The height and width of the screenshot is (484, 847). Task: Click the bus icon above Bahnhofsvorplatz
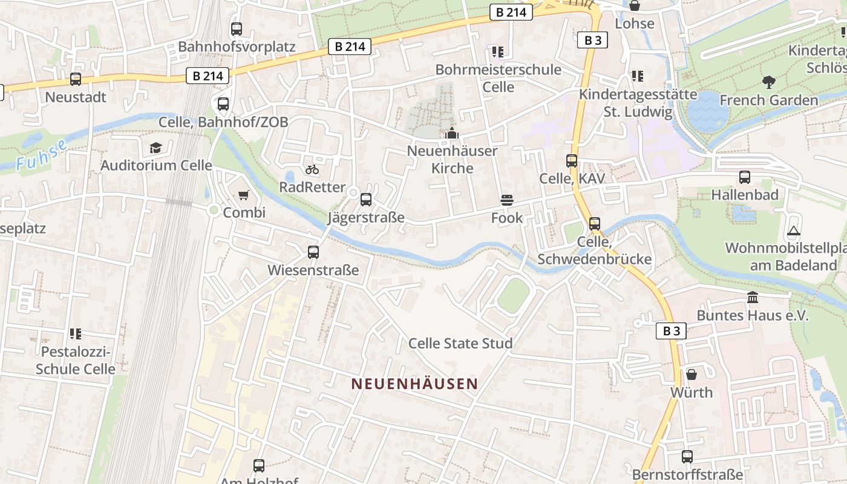[237, 28]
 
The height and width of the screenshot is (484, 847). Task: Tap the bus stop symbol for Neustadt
[76, 79]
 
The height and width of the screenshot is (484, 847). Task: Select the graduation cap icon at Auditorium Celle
[156, 148]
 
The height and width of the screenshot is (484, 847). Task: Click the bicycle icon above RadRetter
[312, 170]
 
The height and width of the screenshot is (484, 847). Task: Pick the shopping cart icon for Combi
[244, 195]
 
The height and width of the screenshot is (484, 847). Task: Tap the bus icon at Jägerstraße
[366, 200]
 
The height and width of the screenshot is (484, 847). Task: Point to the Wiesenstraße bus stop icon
[313, 252]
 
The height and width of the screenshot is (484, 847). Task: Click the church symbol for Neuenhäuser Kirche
[452, 134]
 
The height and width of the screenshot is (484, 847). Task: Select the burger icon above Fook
[506, 200]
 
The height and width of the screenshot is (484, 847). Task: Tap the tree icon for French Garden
[769, 82]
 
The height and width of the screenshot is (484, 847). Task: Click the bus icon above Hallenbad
[745, 177]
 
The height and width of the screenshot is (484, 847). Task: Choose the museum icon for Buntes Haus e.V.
[753, 298]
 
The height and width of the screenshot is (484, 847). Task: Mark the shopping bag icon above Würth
[692, 374]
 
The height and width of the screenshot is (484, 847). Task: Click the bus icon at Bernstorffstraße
[687, 457]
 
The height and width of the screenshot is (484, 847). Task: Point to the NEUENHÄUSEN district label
[414, 384]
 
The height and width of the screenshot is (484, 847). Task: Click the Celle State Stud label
[460, 344]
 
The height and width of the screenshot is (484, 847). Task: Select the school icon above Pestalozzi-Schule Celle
[76, 333]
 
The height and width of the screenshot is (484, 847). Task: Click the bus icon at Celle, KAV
[572, 161]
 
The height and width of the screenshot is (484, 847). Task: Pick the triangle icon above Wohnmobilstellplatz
[794, 231]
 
